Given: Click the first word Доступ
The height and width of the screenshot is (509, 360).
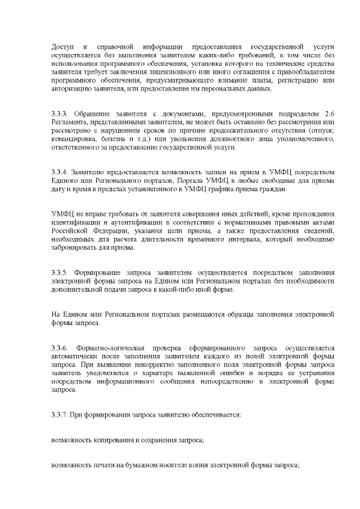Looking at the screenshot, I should (62, 45).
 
